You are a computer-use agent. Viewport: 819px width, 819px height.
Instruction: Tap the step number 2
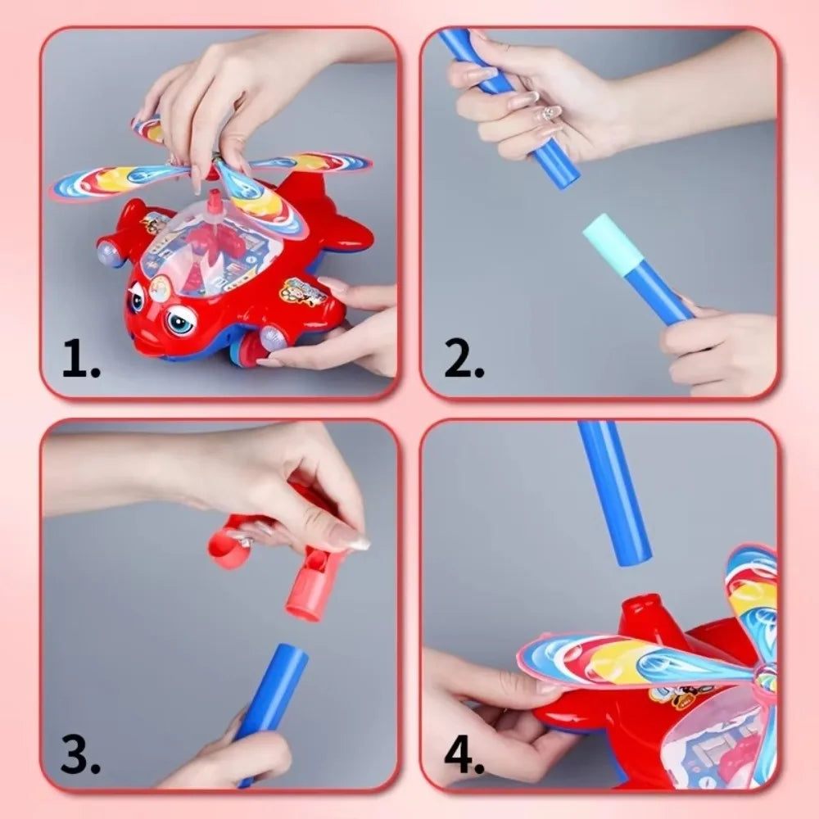(x=464, y=361)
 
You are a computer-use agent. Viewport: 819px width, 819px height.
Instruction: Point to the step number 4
(x=464, y=757)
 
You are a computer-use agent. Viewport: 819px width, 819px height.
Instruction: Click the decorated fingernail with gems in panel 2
(x=551, y=113)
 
